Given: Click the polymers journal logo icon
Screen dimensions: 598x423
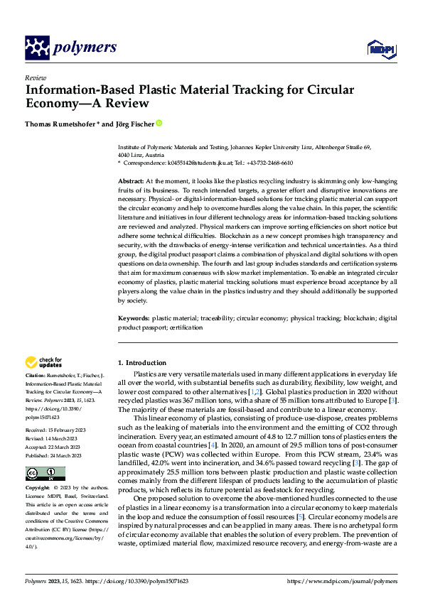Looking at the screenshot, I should [x=37, y=48].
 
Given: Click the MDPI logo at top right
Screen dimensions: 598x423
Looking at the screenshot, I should [x=381, y=48].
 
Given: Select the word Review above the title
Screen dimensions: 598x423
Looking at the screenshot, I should [x=35, y=78].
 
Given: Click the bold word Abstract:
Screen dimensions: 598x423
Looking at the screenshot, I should [x=132, y=182].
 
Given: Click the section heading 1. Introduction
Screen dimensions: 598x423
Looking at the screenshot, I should [x=142, y=362].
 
